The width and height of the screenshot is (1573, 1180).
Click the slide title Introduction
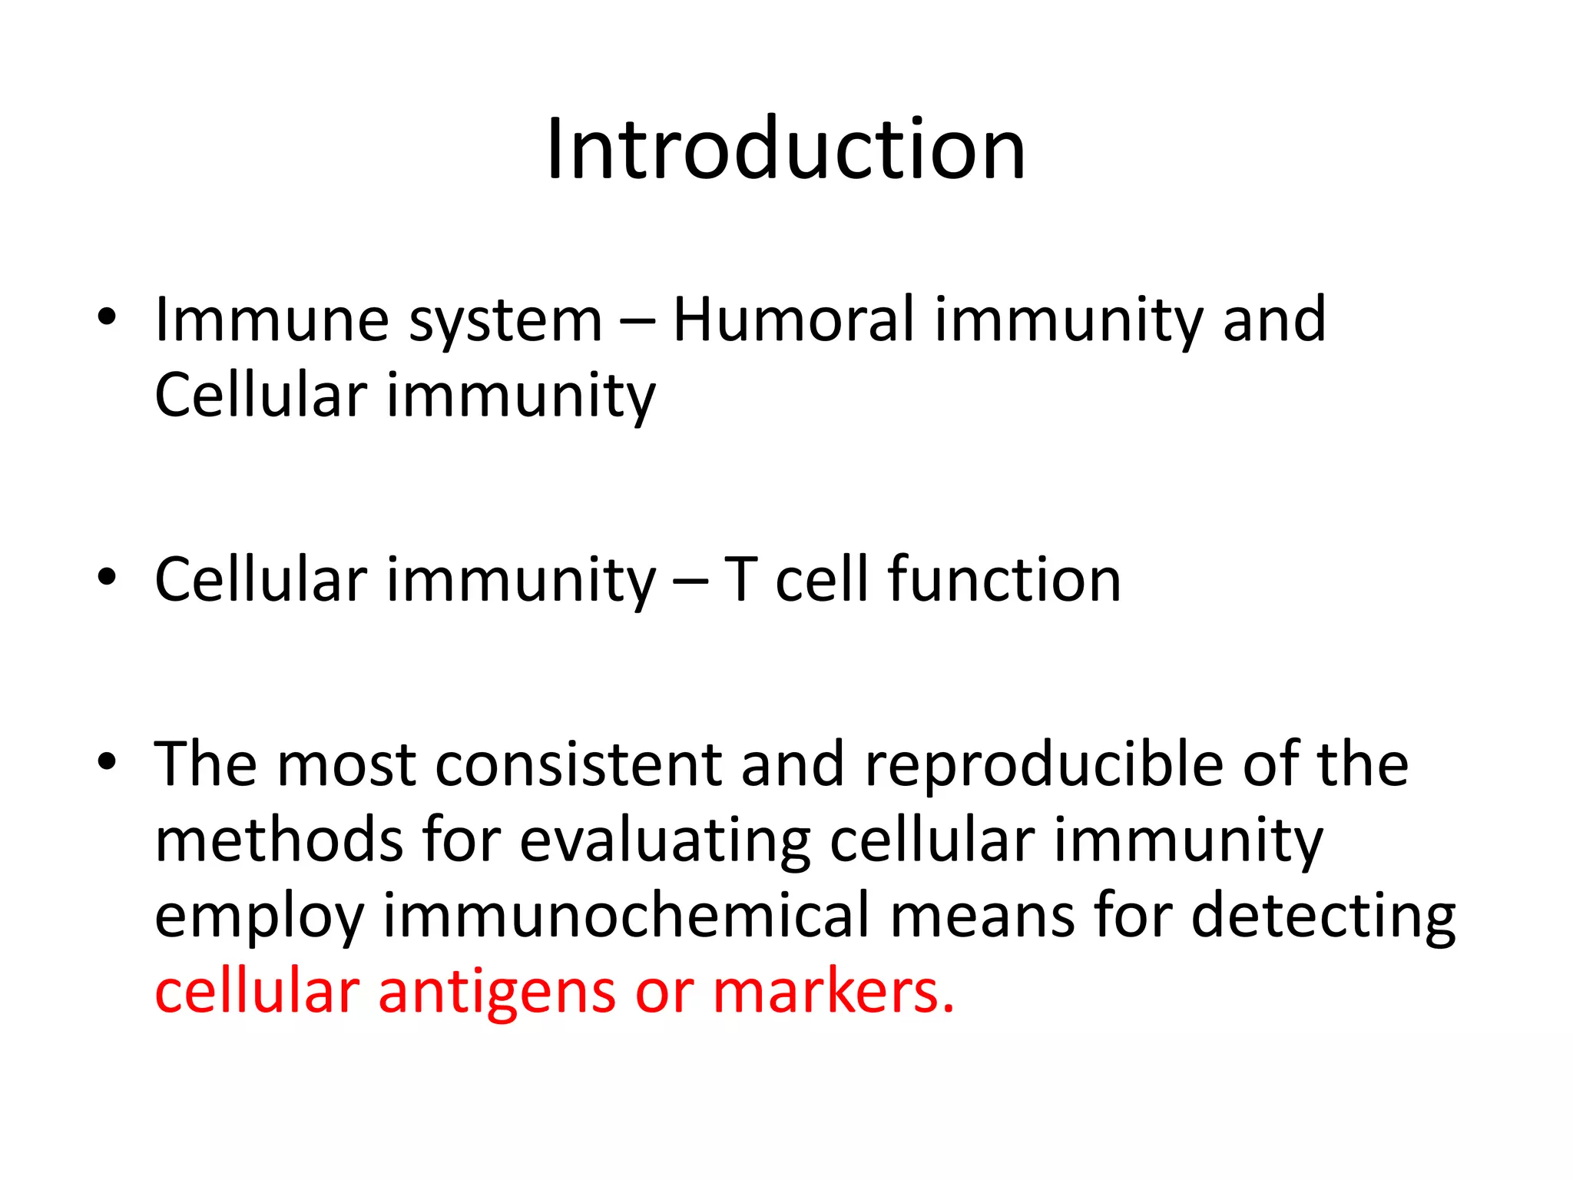pyautogui.click(x=785, y=149)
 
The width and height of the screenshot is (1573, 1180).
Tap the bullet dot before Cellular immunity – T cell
pyautogui.click(x=107, y=577)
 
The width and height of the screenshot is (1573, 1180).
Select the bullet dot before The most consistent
pyautogui.click(x=107, y=761)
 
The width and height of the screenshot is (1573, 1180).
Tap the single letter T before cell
pyautogui.click(x=741, y=579)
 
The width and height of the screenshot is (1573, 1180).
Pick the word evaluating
pyautogui.click(x=665, y=841)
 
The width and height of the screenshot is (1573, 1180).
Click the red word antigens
pyautogui.click(x=496, y=993)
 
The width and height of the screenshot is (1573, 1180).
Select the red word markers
pyautogui.click(x=833, y=991)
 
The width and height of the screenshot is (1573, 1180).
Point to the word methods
pyautogui.click(x=279, y=840)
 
